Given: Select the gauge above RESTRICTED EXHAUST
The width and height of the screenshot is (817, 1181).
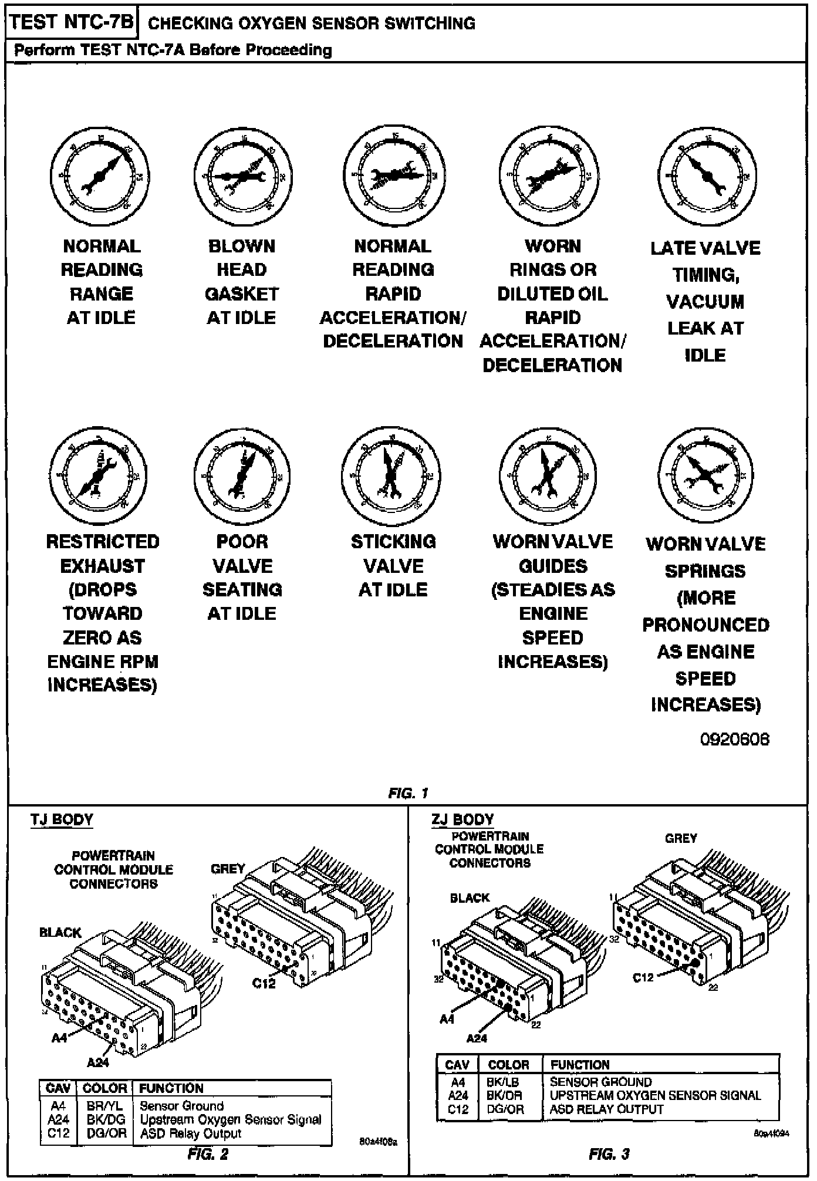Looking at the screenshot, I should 98,475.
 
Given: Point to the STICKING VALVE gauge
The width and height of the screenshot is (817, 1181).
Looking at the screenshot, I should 391,475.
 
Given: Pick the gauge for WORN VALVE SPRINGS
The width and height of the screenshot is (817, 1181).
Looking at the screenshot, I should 705,475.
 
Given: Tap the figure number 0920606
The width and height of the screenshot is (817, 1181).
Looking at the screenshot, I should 734,739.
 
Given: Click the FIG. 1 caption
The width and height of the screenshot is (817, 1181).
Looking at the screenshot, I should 408,794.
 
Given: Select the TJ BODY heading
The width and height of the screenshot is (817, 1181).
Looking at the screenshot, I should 62,819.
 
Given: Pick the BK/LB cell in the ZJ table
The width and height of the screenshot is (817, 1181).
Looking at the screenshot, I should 502,1082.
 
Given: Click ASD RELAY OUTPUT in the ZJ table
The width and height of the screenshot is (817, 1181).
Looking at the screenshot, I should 606,1109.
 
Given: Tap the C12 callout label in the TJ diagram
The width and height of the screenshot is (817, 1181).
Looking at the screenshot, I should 264,983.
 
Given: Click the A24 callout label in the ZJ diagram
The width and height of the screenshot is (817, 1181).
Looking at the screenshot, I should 477,1038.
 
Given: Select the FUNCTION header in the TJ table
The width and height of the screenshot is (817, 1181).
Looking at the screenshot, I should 171,1088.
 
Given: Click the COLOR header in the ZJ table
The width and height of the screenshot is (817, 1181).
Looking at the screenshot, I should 508,1065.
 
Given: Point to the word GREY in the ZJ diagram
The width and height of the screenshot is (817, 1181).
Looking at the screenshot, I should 681,838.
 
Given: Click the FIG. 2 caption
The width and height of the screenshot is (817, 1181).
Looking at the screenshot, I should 208,1154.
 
